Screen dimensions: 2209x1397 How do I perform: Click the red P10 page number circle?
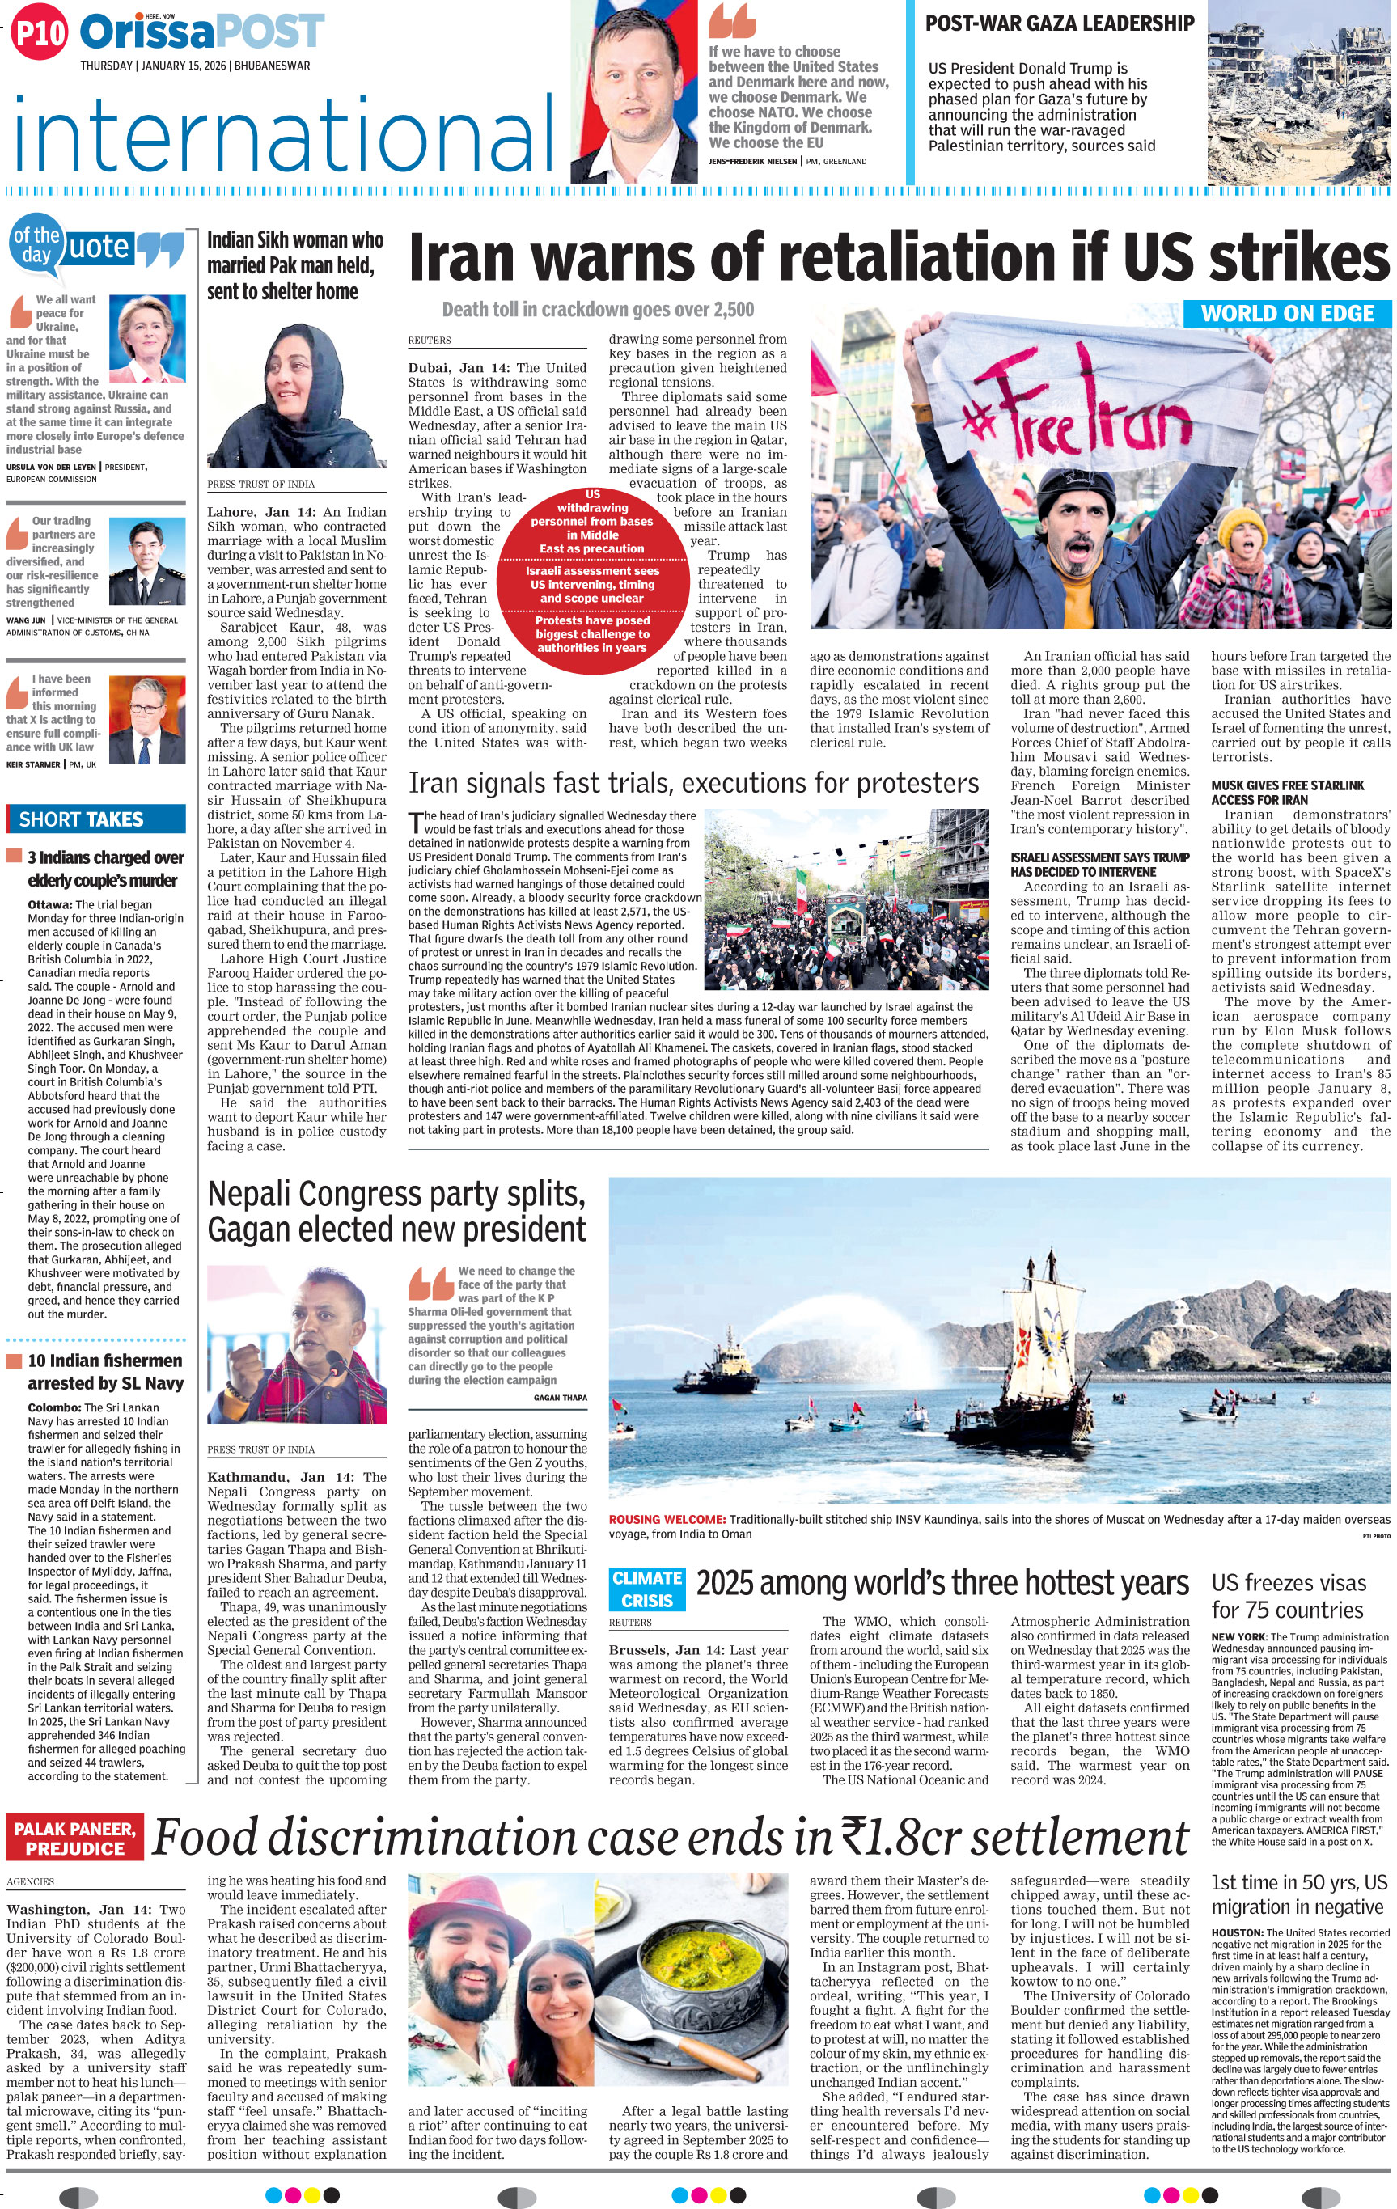40,33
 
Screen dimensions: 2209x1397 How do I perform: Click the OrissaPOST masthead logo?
201,32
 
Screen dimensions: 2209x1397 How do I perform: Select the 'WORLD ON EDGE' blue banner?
1287,313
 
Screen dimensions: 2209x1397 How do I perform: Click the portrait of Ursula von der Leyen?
146,340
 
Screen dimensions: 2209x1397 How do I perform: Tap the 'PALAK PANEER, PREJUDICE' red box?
75,1839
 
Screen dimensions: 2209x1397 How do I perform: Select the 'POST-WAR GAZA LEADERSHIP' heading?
1060,23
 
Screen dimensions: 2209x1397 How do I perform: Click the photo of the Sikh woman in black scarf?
296,396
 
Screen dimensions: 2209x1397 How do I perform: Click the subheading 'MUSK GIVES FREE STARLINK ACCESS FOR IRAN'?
1287,793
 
